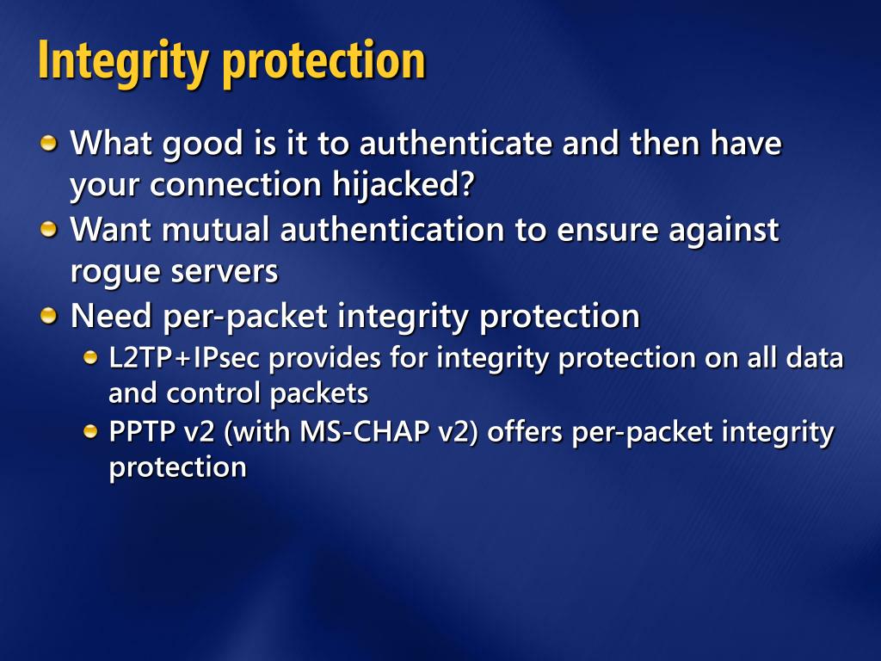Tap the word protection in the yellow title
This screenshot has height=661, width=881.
(324, 63)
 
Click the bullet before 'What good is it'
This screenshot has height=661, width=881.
(49, 143)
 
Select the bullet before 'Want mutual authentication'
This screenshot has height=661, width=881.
(49, 229)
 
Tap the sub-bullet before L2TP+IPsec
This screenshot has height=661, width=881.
(90, 358)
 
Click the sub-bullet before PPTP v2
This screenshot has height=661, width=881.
(90, 432)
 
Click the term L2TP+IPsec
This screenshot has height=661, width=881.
(184, 359)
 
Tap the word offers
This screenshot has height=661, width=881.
(525, 432)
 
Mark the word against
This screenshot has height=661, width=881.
(724, 231)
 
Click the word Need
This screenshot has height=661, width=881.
(111, 315)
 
